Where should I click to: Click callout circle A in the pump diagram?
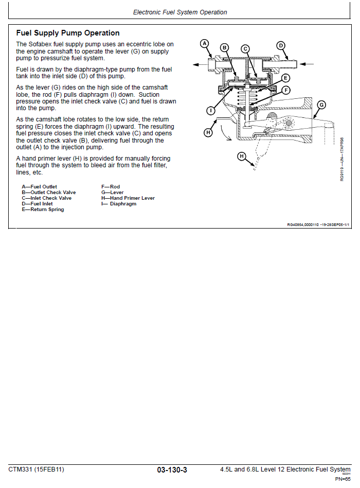pyautogui.click(x=204, y=44)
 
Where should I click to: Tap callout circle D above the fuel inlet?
pyautogui.click(x=281, y=45)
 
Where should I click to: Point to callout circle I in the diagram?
pyautogui.click(x=211, y=110)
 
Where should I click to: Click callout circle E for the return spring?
pyautogui.click(x=286, y=79)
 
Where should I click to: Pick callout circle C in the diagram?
pyautogui.click(x=245, y=49)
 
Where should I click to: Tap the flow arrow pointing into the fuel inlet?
pyautogui.click(x=308, y=64)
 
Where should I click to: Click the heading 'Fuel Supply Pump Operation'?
pyautogui.click(x=68, y=33)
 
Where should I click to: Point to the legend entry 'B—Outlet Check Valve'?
pyautogui.click(x=49, y=193)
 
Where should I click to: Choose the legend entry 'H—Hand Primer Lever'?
pyautogui.click(x=128, y=198)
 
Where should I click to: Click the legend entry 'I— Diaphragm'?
pyautogui.click(x=119, y=204)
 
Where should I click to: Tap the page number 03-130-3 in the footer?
pyautogui.click(x=172, y=469)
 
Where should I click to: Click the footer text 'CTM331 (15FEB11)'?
pyautogui.click(x=37, y=469)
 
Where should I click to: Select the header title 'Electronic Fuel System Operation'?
pyautogui.click(x=180, y=12)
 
